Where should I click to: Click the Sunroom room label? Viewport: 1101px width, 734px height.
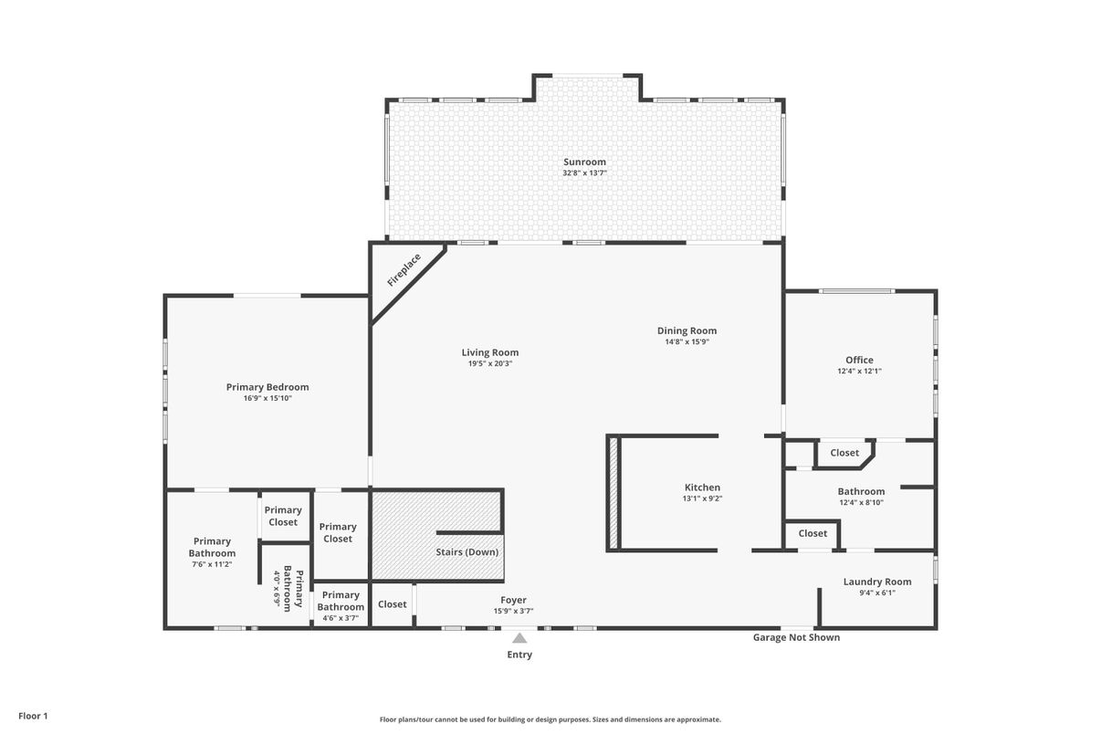tap(584, 162)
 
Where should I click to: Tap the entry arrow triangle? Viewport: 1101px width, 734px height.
tap(519, 638)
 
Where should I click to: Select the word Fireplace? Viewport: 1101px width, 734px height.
tap(404, 270)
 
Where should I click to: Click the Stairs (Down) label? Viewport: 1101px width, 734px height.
tap(467, 552)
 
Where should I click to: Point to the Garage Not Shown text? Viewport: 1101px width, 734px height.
tap(796, 637)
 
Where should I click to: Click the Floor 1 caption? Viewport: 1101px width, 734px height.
tap(33, 716)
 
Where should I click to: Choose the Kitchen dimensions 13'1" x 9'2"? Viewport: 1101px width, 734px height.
tap(702, 498)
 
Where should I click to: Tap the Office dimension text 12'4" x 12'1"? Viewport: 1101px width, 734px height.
tap(859, 372)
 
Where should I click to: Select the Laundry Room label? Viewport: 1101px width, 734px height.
tap(877, 582)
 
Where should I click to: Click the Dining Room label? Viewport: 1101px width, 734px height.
tap(687, 330)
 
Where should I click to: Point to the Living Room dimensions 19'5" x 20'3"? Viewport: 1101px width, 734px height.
tap(490, 363)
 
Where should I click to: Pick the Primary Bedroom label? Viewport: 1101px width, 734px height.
tap(267, 387)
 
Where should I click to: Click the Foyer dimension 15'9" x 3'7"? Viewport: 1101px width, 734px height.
tap(513, 611)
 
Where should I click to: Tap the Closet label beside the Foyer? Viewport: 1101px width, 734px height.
tap(393, 604)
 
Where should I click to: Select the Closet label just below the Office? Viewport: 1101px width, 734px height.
tap(844, 453)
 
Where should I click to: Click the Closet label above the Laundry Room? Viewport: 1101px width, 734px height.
tap(813, 533)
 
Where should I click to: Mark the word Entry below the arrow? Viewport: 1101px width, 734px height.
tap(519, 655)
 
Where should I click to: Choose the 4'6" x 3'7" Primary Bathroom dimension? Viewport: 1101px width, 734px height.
tap(341, 618)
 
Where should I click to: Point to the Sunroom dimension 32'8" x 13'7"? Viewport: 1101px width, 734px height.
tap(584, 173)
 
